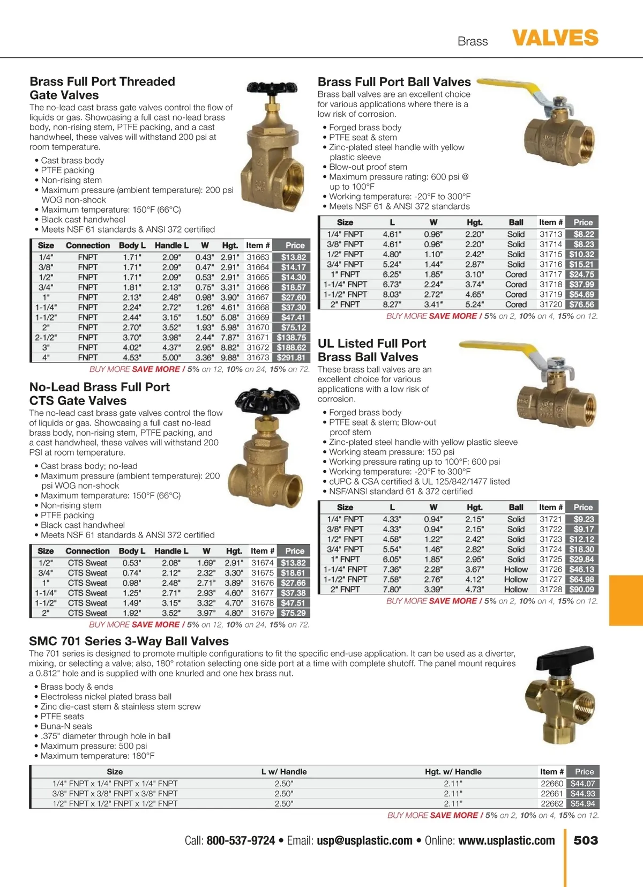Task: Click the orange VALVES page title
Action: point(555,38)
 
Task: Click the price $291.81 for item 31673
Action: point(291,357)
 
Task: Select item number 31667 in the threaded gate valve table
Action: point(258,297)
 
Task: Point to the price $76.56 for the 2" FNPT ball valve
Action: point(581,304)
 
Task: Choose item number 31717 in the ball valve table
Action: point(551,274)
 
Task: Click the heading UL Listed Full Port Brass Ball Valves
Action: point(371,350)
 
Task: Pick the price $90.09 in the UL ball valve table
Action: point(581,590)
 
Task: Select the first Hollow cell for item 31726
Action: point(516,569)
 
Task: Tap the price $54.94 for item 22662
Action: point(582,803)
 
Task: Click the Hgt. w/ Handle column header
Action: point(453,772)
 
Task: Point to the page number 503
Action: point(586,840)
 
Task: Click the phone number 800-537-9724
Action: point(241,840)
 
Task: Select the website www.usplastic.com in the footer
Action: point(506,840)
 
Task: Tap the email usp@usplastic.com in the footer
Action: point(364,840)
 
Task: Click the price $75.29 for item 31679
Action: point(293,613)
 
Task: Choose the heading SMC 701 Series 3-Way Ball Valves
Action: point(129,641)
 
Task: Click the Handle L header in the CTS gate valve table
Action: point(171,551)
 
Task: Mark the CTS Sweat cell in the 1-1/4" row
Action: point(87,593)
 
